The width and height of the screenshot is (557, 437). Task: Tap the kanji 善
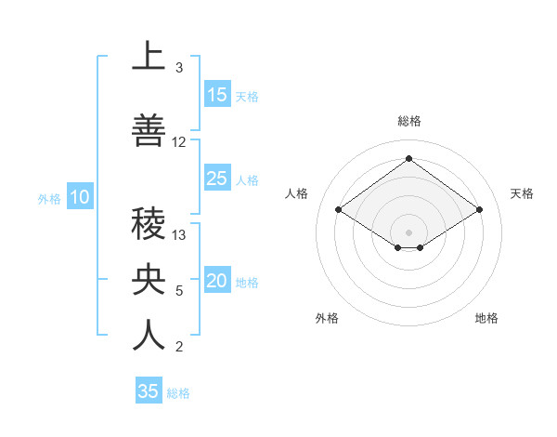[149, 131]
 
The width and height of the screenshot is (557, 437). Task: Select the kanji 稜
[149, 224]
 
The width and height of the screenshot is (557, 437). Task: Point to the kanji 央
[149, 280]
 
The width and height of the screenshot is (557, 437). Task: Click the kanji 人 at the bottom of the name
[149, 336]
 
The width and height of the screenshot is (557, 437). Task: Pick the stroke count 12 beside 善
[179, 142]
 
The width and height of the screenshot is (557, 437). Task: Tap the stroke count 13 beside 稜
[179, 235]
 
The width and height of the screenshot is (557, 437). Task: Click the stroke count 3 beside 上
[178, 68]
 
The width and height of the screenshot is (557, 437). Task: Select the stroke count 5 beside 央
[178, 291]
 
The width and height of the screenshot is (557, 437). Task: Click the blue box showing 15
[217, 95]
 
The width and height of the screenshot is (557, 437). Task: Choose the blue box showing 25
[217, 179]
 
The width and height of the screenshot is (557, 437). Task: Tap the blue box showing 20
[217, 281]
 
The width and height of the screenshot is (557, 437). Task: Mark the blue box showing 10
[80, 197]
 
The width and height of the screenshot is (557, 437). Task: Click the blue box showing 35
[149, 391]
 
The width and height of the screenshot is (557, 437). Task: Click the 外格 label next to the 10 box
[49, 198]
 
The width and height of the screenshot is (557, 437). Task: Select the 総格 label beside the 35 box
[178, 393]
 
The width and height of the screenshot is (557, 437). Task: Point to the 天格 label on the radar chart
[522, 193]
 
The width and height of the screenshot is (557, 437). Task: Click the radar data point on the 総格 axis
[408, 159]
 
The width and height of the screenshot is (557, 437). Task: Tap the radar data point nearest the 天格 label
[479, 210]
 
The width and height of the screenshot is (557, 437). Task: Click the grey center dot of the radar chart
[408, 232]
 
